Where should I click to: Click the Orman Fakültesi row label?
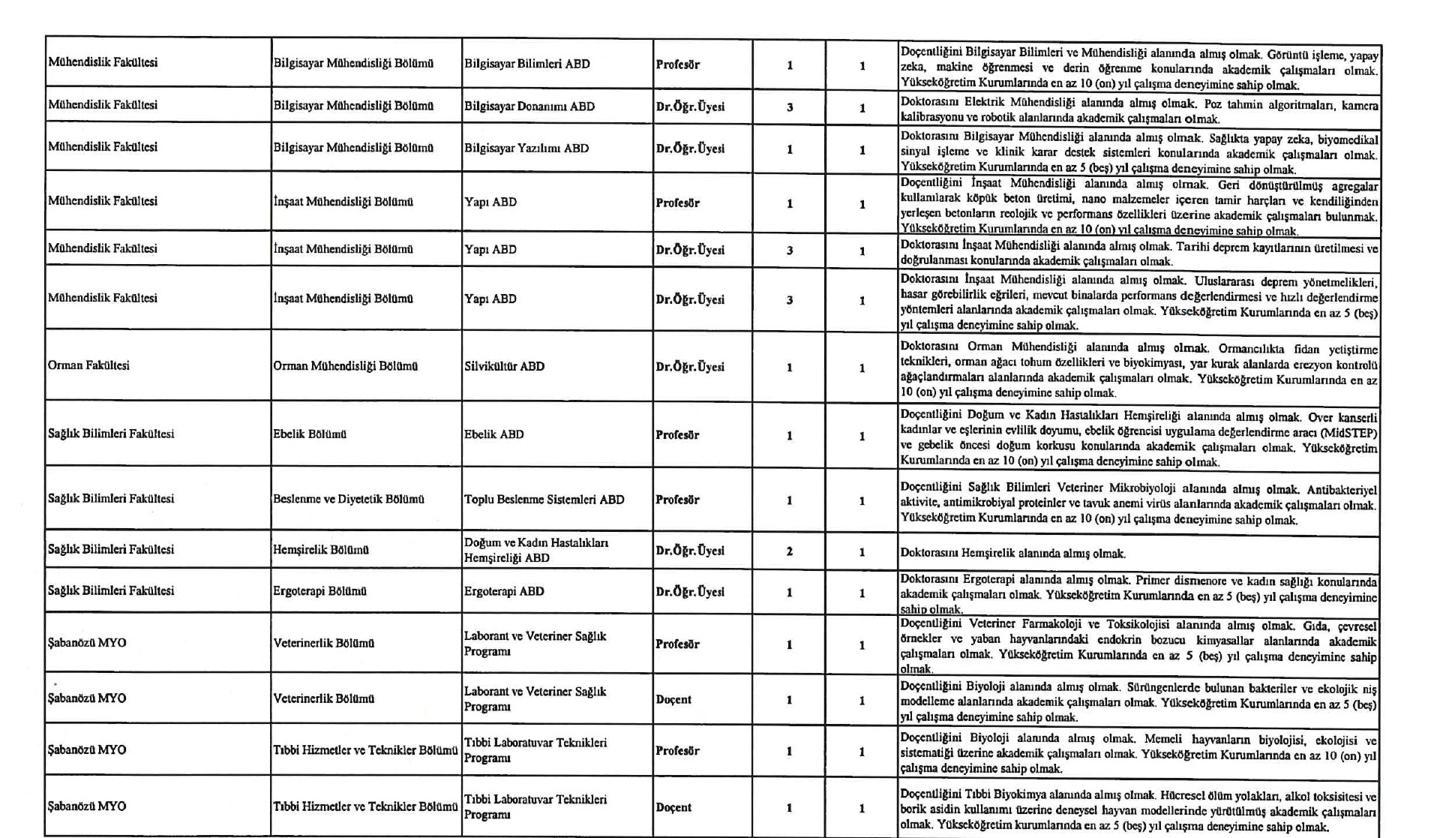pyautogui.click(x=88, y=365)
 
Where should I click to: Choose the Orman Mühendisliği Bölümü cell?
pyautogui.click(x=345, y=366)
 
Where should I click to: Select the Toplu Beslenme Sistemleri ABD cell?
pyautogui.click(x=544, y=500)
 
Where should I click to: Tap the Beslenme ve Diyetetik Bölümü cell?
pyautogui.click(x=349, y=500)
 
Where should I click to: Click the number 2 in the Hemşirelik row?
pyautogui.click(x=789, y=551)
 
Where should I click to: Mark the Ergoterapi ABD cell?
pyautogui.click(x=504, y=591)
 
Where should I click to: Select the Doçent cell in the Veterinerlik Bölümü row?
pyautogui.click(x=673, y=699)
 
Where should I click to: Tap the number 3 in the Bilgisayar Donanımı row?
pyautogui.click(x=789, y=107)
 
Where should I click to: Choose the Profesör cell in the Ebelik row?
pyautogui.click(x=677, y=435)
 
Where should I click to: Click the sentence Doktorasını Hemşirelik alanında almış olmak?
pyautogui.click(x=1012, y=554)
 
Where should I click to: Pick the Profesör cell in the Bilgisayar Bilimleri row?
pyautogui.click(x=677, y=65)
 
